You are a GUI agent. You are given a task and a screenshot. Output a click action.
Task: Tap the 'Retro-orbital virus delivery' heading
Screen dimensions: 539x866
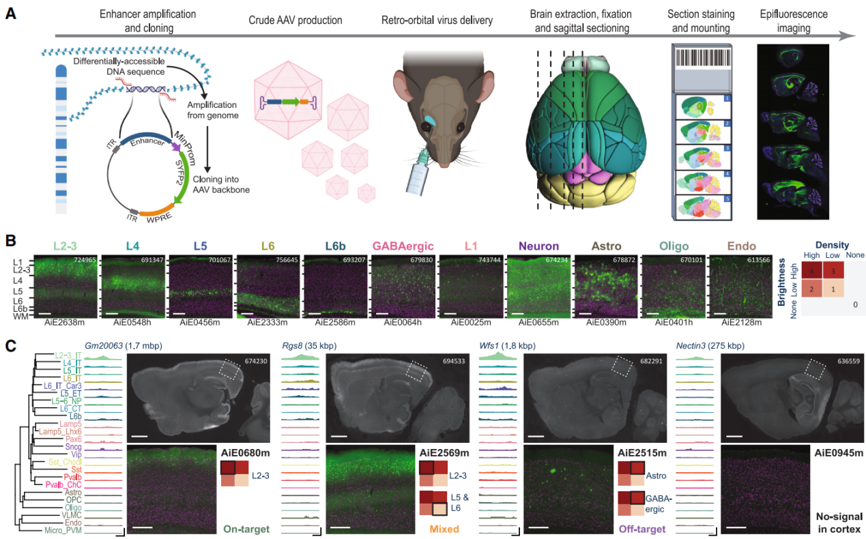click(437, 20)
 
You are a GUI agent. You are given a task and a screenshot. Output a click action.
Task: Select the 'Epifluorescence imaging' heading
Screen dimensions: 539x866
click(793, 20)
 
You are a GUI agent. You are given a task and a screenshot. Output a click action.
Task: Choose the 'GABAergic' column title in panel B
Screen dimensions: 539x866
click(405, 246)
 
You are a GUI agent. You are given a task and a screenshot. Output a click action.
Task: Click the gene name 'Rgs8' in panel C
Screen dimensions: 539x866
click(295, 346)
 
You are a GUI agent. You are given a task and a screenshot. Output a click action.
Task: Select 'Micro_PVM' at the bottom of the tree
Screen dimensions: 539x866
click(63, 529)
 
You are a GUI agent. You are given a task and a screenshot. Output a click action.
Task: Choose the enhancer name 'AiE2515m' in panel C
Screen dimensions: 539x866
click(641, 452)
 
